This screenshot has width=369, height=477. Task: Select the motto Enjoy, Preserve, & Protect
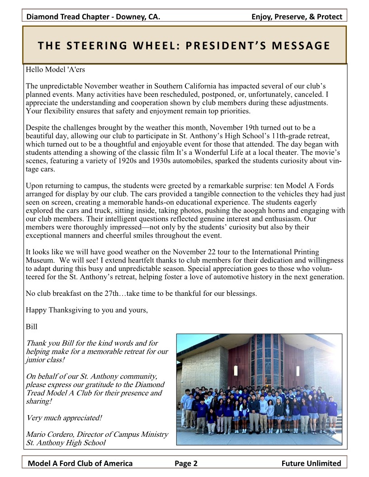(297, 17)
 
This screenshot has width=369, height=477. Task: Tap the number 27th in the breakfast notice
(112, 293)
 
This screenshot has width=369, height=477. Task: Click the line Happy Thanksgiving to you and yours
(86, 310)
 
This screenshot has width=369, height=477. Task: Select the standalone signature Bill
(32, 326)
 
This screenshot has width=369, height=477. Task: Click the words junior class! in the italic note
(45, 360)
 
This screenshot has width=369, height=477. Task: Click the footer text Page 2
(186, 463)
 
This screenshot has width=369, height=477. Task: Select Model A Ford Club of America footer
(80, 463)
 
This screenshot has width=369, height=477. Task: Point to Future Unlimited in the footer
(311, 463)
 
